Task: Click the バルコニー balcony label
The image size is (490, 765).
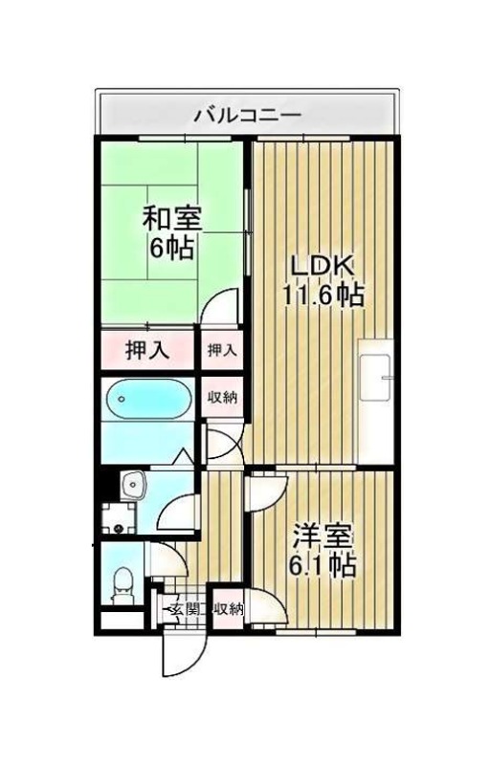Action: click(x=248, y=116)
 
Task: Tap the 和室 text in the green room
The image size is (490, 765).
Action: click(x=171, y=220)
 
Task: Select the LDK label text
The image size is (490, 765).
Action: click(x=323, y=267)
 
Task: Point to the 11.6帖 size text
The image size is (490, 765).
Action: click(x=323, y=295)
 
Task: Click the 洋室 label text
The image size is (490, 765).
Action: click(x=323, y=537)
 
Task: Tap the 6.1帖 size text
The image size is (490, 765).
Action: click(x=323, y=565)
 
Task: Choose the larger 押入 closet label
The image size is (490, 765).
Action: click(x=147, y=349)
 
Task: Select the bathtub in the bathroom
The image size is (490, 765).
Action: click(x=148, y=399)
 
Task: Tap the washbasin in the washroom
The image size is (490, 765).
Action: click(x=132, y=485)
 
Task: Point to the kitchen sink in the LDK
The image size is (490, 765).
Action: click(x=375, y=376)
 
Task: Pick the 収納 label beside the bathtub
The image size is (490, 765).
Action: click(x=222, y=397)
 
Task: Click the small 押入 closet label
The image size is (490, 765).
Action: click(x=222, y=350)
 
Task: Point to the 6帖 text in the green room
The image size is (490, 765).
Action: click(x=172, y=248)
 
